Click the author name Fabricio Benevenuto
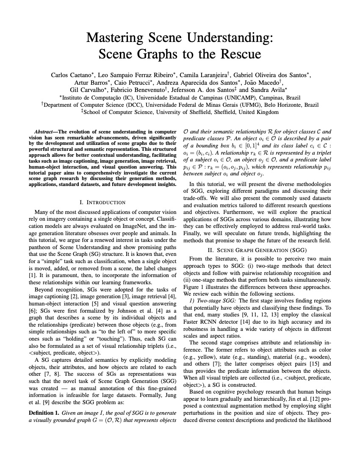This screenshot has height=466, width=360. coord(138,90)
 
